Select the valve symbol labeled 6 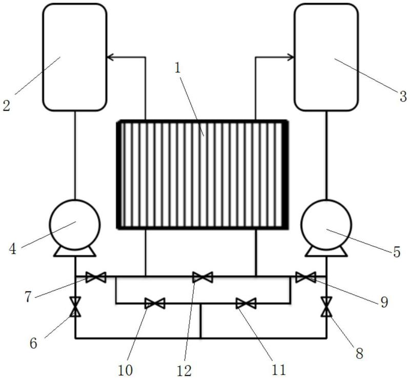[x=75, y=307]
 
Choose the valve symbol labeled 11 [x=245, y=304]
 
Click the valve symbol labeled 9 [x=306, y=277]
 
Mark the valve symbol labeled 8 [x=326, y=307]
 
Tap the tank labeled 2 [x=75, y=56]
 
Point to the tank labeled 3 [x=326, y=56]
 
